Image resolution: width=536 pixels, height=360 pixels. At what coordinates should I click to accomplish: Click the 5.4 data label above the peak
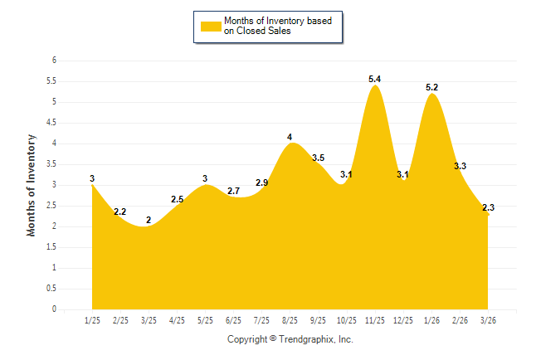coord(375,79)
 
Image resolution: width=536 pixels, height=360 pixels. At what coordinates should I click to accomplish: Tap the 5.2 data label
coord(432,87)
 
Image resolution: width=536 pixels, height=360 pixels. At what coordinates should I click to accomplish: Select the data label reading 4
coord(290,137)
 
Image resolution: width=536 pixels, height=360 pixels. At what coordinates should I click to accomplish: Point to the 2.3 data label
coord(488,207)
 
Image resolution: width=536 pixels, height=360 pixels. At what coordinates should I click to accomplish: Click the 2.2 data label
coord(120,212)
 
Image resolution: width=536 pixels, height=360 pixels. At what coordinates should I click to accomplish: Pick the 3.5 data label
coord(318,158)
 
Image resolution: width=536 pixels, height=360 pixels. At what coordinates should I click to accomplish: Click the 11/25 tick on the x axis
coord(375,320)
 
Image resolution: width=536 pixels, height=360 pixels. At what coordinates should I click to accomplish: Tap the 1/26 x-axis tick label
coord(431,320)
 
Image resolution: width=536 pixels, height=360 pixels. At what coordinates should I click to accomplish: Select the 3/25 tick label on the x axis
coord(149,320)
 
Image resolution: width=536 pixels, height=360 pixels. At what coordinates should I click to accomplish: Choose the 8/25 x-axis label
coord(290,320)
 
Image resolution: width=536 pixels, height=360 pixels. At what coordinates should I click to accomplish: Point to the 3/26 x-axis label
coord(488,320)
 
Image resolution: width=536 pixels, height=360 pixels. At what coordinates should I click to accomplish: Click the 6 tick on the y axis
coord(53,61)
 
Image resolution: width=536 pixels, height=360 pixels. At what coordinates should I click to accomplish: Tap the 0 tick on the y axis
coord(53,309)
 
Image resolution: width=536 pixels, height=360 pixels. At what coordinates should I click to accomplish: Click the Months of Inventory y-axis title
coord(32,185)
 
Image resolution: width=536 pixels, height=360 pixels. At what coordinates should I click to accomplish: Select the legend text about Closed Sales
coord(277,27)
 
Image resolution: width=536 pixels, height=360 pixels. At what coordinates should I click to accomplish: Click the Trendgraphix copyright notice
coord(290,340)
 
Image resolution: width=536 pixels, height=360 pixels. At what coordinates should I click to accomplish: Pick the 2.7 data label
coord(233,191)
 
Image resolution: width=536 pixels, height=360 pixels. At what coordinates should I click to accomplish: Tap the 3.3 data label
coord(460,166)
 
